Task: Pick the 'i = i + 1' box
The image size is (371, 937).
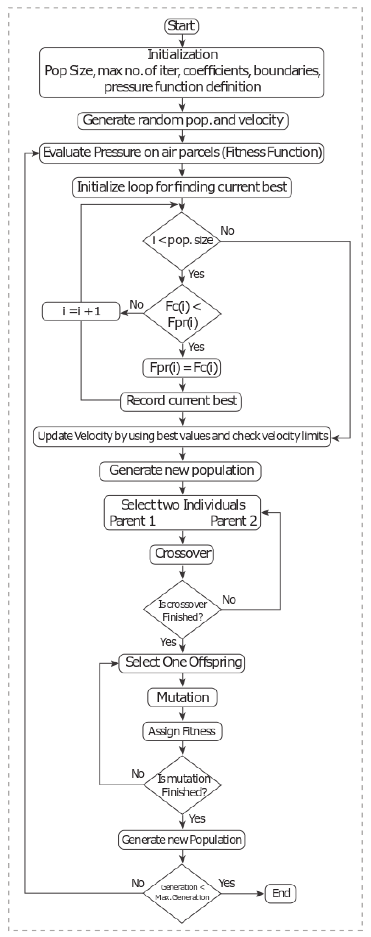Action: (81, 311)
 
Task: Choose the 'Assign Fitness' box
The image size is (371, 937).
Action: (182, 731)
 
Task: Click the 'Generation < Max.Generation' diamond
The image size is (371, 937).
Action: (182, 893)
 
